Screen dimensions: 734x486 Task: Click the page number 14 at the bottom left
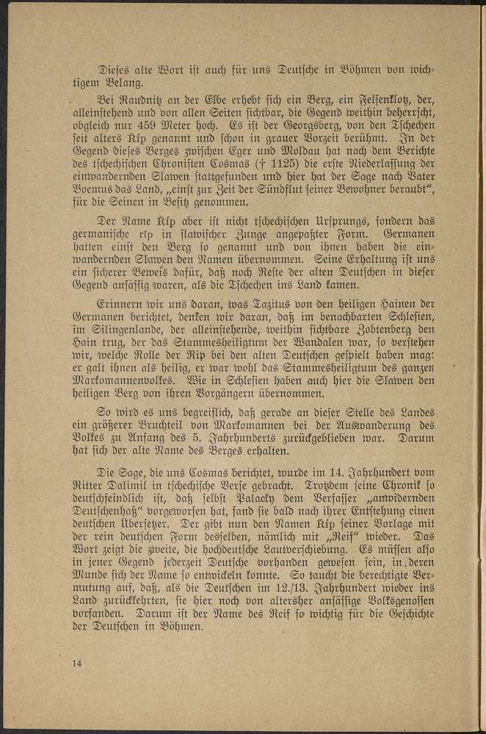point(76,663)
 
